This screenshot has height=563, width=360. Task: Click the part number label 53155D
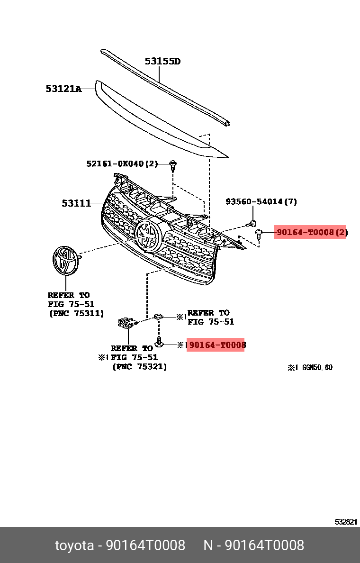point(162,61)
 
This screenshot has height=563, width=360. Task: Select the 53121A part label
point(63,88)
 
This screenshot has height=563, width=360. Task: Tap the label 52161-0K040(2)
point(122,163)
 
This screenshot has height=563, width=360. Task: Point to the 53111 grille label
point(76,203)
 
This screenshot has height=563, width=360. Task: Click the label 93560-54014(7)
point(261,201)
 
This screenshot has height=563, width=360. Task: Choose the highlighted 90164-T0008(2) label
point(310,232)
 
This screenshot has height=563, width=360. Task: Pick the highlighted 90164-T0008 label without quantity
point(216,345)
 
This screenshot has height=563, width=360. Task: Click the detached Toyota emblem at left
point(65,260)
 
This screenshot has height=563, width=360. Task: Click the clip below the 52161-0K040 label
point(174,165)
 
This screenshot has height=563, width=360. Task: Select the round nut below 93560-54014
point(253,223)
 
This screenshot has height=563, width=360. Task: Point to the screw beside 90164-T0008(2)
point(259,233)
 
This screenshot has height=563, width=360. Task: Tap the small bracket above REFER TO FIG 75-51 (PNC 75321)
point(127,324)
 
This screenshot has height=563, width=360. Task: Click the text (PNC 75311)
point(76,313)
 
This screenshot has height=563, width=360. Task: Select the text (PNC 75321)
point(139,366)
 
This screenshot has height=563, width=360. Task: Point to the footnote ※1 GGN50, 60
point(310,367)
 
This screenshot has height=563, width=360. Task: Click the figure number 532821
point(346,522)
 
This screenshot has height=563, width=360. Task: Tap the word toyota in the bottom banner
point(74,545)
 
